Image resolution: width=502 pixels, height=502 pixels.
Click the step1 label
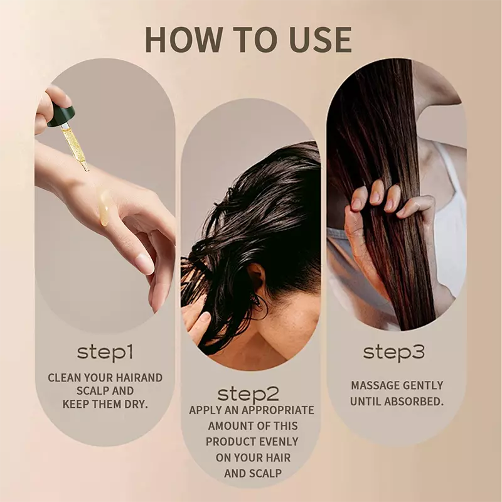[x=105, y=352]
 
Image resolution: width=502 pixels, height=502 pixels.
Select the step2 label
[x=248, y=393]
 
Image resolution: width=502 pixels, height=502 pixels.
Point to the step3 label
[x=394, y=352]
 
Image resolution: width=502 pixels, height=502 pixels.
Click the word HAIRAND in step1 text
[x=137, y=378]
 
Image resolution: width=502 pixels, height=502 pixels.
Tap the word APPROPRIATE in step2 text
[x=278, y=410]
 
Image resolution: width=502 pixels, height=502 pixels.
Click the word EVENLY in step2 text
[x=277, y=442]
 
